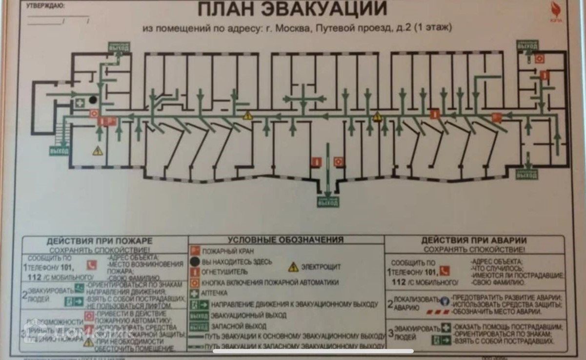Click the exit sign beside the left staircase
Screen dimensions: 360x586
click(x=58, y=151)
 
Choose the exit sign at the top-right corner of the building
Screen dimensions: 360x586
click(x=527, y=46)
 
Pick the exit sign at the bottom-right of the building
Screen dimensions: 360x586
click(x=527, y=175)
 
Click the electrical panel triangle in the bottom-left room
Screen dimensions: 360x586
click(x=98, y=151)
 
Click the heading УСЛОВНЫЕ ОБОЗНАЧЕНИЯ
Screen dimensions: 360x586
click(x=285, y=240)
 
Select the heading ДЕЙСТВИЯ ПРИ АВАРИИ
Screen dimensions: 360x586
click(x=473, y=240)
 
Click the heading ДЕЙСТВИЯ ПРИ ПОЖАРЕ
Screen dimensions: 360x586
click(x=100, y=241)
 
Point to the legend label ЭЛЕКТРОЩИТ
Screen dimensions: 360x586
click(x=321, y=267)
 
